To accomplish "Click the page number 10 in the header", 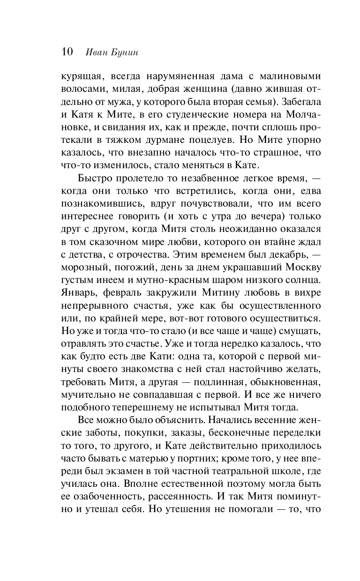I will [x=66, y=52].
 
